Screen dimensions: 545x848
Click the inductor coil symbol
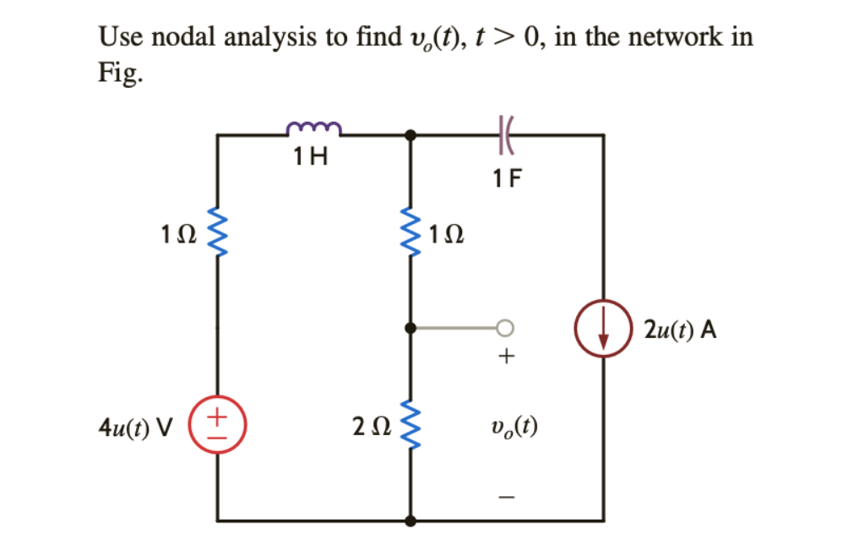313,128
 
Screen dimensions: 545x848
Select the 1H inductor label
310,156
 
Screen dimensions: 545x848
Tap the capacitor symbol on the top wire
507,134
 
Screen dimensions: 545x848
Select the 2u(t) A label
680,330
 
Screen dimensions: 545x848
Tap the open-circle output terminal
505,327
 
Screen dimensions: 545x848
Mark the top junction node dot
410,134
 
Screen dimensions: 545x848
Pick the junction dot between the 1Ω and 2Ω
410,327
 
